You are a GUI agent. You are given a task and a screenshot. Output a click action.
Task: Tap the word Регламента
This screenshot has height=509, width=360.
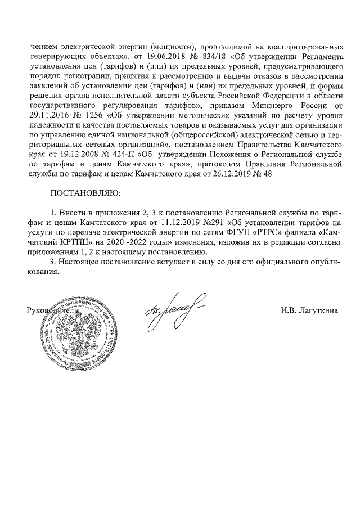(319, 57)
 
